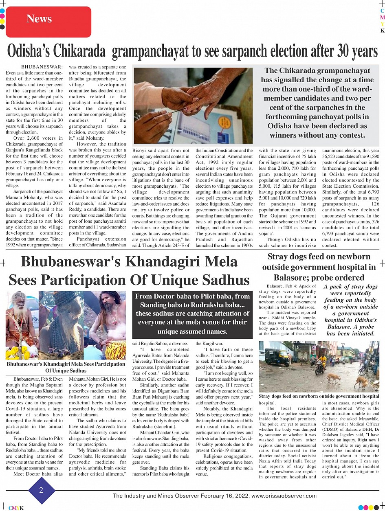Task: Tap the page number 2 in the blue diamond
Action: [41, 490]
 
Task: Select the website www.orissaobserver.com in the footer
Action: [284, 496]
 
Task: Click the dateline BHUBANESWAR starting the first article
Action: [42, 67]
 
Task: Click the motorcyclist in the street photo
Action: [321, 364]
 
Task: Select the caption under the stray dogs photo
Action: [319, 396]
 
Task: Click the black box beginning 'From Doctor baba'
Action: [192, 314]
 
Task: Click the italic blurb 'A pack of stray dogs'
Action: [350, 310]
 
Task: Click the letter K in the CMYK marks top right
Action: [382, 31]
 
